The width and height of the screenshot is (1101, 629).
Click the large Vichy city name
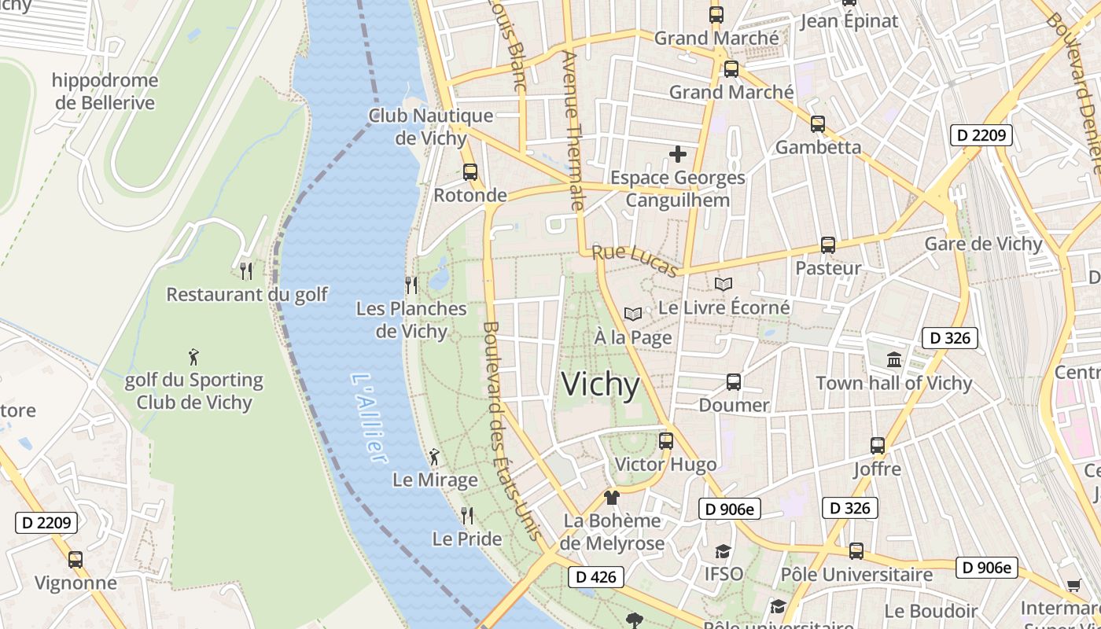tap(601, 384)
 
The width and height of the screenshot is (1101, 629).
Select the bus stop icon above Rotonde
tap(470, 171)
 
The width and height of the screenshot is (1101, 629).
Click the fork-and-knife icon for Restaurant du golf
tap(246, 271)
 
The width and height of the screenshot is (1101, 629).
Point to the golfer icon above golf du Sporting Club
tap(193, 356)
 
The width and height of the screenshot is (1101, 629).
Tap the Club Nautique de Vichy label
tap(431, 127)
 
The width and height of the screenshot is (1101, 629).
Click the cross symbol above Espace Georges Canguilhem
tap(677, 154)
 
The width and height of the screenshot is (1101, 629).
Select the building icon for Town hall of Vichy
tap(894, 360)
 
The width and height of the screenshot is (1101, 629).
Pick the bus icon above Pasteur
tap(827, 245)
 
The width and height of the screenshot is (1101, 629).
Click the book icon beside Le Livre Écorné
tap(724, 285)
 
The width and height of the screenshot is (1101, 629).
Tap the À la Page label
tap(633, 337)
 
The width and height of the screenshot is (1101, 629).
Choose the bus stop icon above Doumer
tap(734, 382)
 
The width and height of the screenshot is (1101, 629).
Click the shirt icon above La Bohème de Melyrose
tap(612, 497)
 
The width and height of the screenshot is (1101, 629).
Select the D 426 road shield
tap(595, 577)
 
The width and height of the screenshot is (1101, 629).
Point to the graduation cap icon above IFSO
tap(723, 551)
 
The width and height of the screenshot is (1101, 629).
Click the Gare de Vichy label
tap(983, 244)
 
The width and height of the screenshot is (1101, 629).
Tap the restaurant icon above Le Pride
tap(467, 516)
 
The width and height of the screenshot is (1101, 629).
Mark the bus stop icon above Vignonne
tap(75, 560)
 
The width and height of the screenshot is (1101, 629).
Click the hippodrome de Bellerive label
tap(105, 91)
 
